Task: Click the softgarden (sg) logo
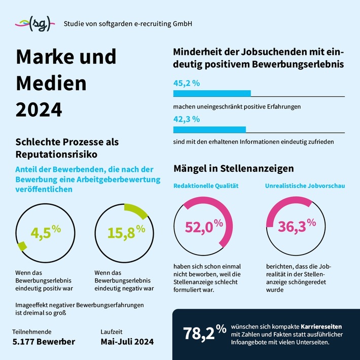tap(33, 23)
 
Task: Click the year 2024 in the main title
tap(39, 109)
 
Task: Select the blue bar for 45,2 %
tap(212, 93)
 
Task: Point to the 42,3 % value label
tap(186, 119)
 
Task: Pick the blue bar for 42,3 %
tap(209, 130)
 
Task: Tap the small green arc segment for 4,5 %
tap(22, 246)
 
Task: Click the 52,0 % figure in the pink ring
tap(203, 227)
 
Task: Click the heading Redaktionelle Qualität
tap(206, 186)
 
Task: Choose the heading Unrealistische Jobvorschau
tap(305, 186)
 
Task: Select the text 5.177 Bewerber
tap(44, 341)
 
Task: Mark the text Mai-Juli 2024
tap(127, 341)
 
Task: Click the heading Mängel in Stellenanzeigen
tap(234, 168)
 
